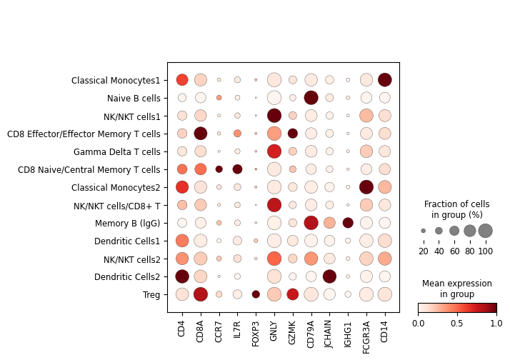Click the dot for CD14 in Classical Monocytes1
click(x=385, y=79)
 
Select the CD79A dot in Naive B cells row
click(x=311, y=97)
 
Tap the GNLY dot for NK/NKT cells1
click(x=274, y=115)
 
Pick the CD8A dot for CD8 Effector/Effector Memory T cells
click(x=201, y=133)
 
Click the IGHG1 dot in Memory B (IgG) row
click(x=348, y=222)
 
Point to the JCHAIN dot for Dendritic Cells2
click(x=329, y=276)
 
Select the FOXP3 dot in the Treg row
click(x=256, y=294)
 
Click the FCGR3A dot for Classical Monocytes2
click(x=366, y=186)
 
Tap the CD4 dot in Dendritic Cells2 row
click(x=182, y=276)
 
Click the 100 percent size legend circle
click(x=486, y=231)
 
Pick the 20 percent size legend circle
click(x=423, y=231)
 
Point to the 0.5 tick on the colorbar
click(x=457, y=314)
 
